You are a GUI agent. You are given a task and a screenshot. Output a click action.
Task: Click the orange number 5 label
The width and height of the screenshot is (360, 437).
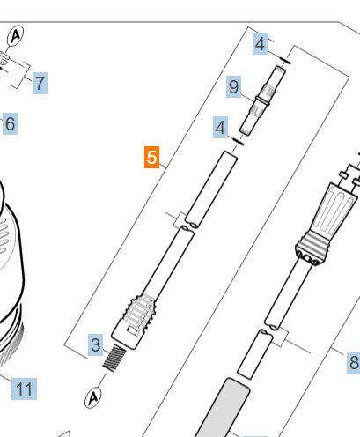[151, 157]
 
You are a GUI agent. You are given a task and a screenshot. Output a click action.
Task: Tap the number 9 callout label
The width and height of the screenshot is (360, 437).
[233, 86]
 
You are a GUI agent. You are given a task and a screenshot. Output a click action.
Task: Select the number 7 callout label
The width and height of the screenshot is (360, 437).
[40, 83]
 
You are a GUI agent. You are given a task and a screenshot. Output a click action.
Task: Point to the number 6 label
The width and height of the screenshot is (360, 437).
[10, 123]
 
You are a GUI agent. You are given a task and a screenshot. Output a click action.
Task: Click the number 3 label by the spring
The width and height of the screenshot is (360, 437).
[96, 344]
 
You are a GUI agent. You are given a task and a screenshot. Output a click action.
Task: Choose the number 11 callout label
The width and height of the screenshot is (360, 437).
[24, 389]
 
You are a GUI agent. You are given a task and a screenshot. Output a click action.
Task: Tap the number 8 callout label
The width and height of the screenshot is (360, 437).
[354, 362]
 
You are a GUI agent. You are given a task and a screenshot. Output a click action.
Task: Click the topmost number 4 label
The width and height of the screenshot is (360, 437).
[260, 43]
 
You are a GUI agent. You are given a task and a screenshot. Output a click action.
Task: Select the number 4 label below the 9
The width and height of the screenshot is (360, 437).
[220, 127]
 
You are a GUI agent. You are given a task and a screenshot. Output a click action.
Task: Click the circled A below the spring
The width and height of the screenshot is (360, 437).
[93, 398]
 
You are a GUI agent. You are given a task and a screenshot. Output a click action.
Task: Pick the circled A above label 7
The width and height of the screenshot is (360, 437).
[15, 35]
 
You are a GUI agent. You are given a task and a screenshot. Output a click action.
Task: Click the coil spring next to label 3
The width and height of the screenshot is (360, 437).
[114, 359]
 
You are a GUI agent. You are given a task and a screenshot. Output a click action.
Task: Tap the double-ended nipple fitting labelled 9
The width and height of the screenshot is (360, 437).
[262, 100]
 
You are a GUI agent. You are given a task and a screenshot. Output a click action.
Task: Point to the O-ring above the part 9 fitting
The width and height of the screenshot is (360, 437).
[285, 61]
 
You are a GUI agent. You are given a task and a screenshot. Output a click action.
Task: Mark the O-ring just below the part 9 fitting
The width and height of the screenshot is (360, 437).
[238, 141]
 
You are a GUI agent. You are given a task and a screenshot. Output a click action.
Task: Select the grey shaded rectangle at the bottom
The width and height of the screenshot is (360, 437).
[222, 408]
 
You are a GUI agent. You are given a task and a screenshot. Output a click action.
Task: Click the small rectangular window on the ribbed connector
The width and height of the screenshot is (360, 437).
[133, 332]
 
